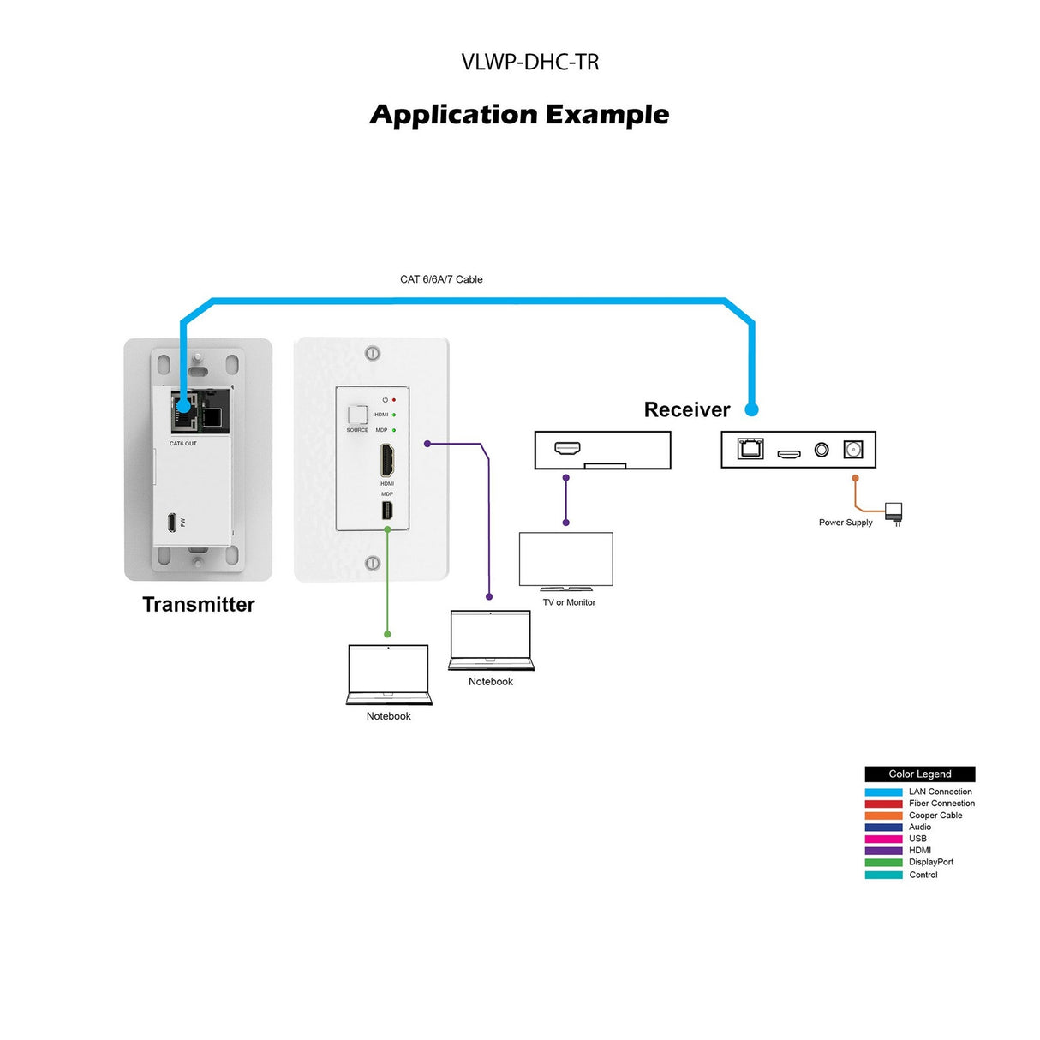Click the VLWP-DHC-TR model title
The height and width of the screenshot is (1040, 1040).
pyautogui.click(x=529, y=63)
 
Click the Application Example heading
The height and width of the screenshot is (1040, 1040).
pyautogui.click(x=519, y=115)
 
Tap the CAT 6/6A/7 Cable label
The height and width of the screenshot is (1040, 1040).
pyautogui.click(x=441, y=279)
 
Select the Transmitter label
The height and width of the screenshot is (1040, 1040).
pyautogui.click(x=199, y=605)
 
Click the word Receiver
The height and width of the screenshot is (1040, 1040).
pyautogui.click(x=686, y=410)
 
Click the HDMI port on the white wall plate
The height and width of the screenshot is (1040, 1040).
pyautogui.click(x=387, y=462)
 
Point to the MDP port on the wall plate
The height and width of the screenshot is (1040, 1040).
pyautogui.click(x=387, y=511)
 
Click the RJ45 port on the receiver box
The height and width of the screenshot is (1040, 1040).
pyautogui.click(x=750, y=449)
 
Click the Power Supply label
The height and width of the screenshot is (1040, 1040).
pyautogui.click(x=845, y=523)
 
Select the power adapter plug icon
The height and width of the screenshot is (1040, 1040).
pyautogui.click(x=894, y=513)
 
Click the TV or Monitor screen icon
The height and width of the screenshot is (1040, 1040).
pyautogui.click(x=565, y=560)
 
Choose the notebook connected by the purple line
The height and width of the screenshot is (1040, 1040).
pyautogui.click(x=491, y=639)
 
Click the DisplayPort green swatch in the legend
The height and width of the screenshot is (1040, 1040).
pyautogui.click(x=883, y=863)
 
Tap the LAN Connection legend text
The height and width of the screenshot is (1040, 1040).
pyautogui.click(x=940, y=792)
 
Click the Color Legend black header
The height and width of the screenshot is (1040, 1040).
pyautogui.click(x=919, y=774)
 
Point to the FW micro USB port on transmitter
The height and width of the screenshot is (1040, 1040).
pyautogui.click(x=172, y=522)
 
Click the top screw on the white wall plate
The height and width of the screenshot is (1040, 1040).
pyautogui.click(x=372, y=353)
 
